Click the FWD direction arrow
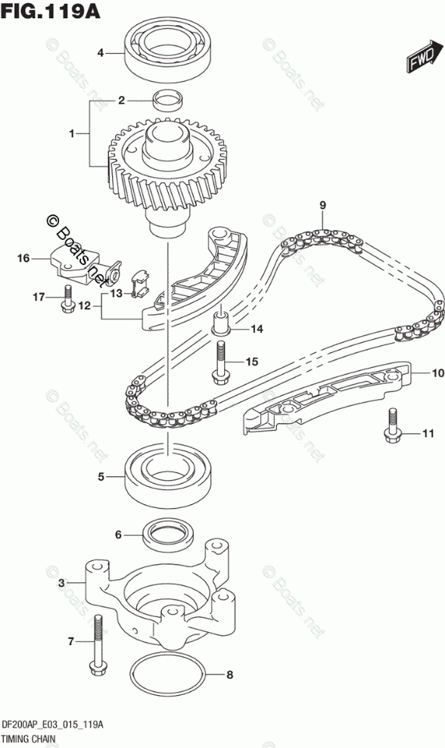tap(422, 58)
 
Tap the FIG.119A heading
tap(51, 11)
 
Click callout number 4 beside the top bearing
tap(100, 53)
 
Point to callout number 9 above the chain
tap(323, 206)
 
